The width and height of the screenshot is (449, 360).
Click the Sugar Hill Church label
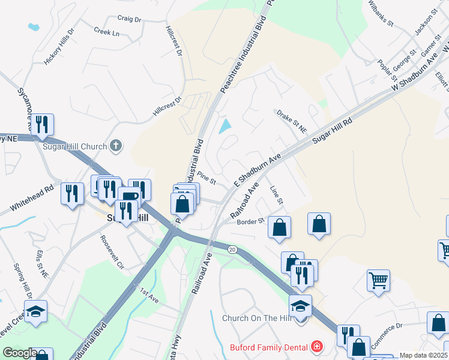coord(74,146)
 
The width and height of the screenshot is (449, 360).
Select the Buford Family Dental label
coord(268,347)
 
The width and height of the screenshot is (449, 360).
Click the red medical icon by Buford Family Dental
coord(316,347)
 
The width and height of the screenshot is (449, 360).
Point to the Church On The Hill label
coord(257,318)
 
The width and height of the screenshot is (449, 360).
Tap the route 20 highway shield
coord(232,248)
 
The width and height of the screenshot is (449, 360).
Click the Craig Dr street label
coord(129,20)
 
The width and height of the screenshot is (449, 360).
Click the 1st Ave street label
coord(149,295)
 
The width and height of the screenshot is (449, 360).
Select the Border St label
coord(251,221)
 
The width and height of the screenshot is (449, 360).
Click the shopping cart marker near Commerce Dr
coord(378,280)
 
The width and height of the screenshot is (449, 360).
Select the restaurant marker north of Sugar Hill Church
coord(41,124)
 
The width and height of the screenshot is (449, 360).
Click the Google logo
coord(19,353)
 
